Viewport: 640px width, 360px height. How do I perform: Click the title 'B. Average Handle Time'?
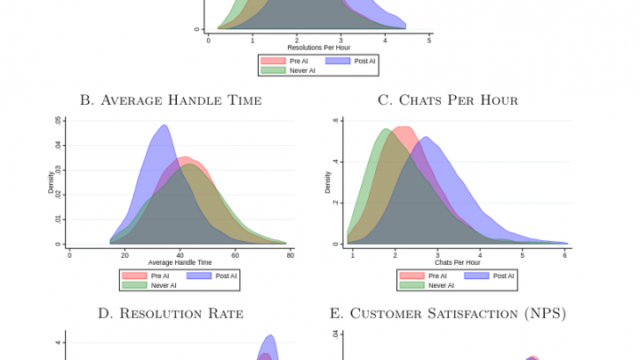coord(171,100)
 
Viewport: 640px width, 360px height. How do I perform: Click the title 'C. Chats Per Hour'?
coord(448,100)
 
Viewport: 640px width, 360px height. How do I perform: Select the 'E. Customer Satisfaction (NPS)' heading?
coord(448,313)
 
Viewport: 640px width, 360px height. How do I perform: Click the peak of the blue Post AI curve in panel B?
coord(164,125)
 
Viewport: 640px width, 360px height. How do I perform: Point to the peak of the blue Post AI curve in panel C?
coord(426,137)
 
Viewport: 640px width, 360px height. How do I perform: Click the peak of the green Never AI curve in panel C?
coord(386,130)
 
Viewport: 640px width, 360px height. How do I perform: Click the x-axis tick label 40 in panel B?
coord(180,255)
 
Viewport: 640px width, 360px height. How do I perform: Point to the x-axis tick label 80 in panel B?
coord(291,255)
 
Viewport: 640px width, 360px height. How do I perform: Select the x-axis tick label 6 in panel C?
coord(564,255)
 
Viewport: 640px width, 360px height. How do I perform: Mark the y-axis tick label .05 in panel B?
coord(59,119)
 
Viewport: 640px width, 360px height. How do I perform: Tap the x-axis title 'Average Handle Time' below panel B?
coord(180,263)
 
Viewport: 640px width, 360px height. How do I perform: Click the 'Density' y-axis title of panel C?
coord(328,182)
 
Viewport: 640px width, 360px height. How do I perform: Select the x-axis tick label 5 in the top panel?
coord(428,40)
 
